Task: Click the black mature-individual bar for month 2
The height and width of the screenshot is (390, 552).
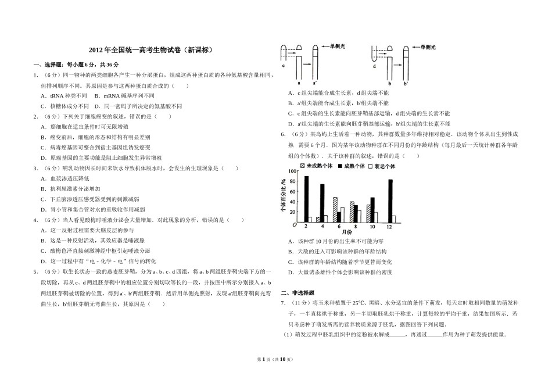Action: (x=306, y=199)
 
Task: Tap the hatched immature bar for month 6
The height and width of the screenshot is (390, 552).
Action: (x=335, y=209)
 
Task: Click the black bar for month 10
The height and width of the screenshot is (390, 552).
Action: (x=372, y=209)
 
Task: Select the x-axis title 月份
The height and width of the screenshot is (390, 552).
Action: (x=346, y=232)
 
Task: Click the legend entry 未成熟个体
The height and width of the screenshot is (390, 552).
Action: (x=317, y=166)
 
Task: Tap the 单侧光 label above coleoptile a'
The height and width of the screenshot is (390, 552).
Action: (x=339, y=46)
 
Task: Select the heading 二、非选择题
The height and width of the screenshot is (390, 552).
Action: (x=297, y=292)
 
